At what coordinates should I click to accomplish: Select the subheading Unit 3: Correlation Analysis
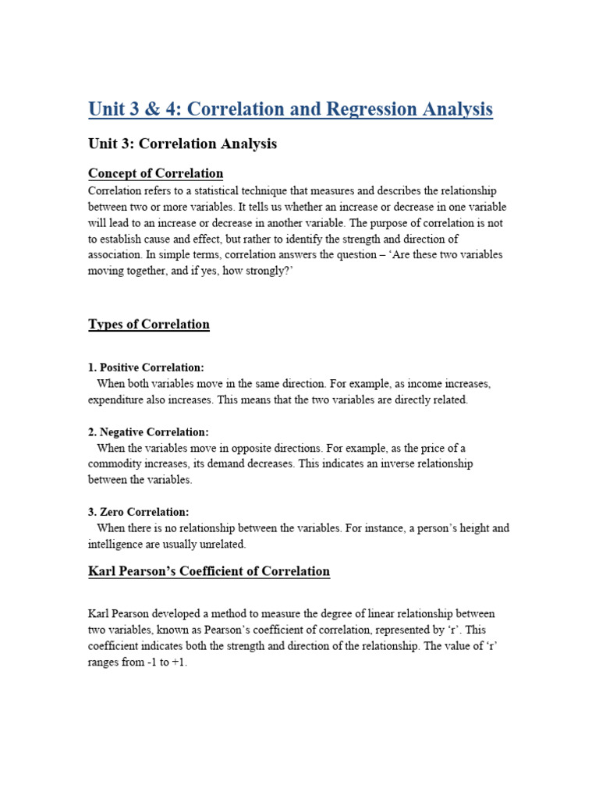pos(183,144)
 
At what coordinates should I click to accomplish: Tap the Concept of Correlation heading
pos(156,173)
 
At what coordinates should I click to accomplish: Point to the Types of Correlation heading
pos(149,325)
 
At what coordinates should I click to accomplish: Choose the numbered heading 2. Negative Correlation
pos(148,432)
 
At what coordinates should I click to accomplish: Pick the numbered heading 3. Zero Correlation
pos(139,513)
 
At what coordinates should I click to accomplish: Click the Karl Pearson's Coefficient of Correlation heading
pos(209,572)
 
